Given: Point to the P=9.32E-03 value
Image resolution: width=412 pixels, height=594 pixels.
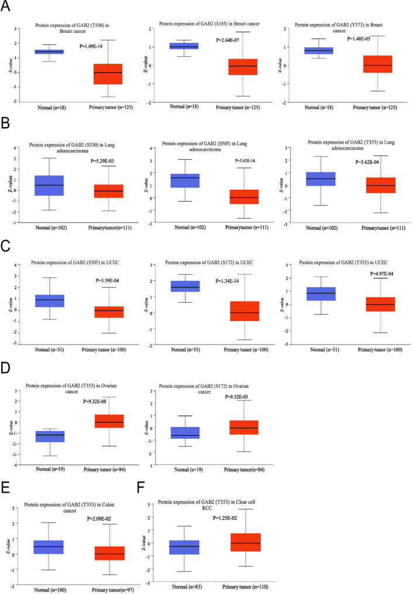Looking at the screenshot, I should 241,397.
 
